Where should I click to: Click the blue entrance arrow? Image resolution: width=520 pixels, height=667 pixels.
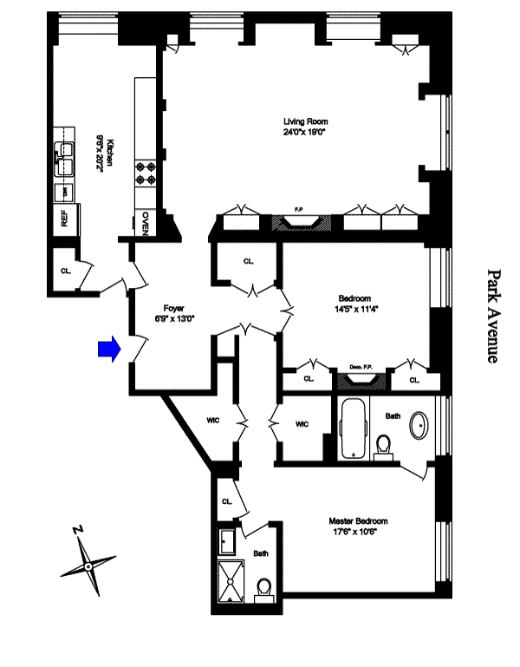pos(107,349)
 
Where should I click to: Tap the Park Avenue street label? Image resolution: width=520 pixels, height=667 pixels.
pos(491,315)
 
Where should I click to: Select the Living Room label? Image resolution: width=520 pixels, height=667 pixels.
pos(306,121)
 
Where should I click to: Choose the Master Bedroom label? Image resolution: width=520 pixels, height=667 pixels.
pos(358,521)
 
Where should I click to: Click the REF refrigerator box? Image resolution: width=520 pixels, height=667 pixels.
pos(66,217)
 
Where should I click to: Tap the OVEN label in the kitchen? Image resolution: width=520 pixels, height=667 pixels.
pos(146,223)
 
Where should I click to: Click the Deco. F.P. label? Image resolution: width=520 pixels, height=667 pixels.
pos(361,366)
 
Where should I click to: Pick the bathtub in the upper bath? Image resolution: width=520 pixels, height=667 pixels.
pos(353,428)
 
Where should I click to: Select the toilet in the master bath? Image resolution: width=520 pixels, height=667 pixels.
pos(265,590)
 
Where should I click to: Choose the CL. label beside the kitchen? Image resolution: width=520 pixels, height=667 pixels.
pos(66,270)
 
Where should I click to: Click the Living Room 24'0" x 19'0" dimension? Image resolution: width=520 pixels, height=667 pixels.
pos(306,133)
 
